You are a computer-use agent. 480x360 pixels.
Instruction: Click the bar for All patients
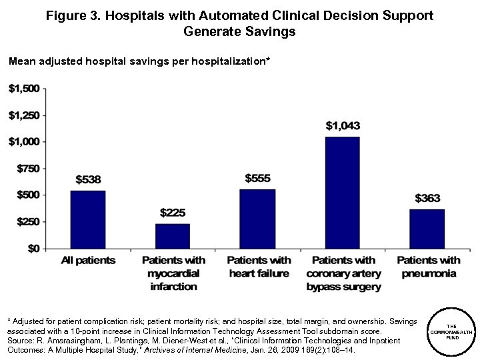tap(88, 219)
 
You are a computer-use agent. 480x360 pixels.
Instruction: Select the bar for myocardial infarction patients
tap(173, 236)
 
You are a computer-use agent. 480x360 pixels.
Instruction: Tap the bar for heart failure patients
tap(257, 219)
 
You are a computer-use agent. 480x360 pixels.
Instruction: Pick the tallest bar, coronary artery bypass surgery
tap(342, 193)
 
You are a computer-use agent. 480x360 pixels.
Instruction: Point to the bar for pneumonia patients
tap(427, 229)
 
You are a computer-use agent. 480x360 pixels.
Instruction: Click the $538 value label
tap(88, 180)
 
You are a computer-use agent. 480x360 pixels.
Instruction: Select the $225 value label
tap(173, 213)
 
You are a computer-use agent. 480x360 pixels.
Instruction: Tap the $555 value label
tap(257, 178)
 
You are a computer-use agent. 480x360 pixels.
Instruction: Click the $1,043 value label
tap(342, 125)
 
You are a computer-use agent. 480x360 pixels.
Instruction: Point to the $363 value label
tap(427, 199)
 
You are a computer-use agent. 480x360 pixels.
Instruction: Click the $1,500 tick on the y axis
tap(23, 89)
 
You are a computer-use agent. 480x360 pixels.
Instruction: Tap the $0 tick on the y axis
tap(31, 248)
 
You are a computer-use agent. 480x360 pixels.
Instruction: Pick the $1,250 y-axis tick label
tap(23, 115)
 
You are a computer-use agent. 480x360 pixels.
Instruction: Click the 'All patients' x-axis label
tap(88, 261)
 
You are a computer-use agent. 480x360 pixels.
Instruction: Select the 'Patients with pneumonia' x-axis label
tap(428, 267)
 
